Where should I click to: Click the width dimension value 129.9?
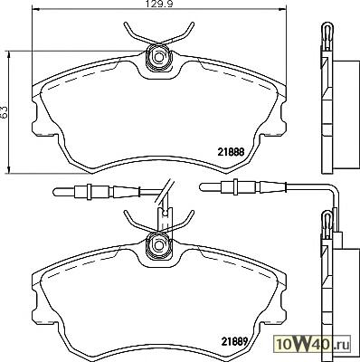(x=158, y=5)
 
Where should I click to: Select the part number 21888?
(x=231, y=152)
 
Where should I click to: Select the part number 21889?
(x=235, y=341)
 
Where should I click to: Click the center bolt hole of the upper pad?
(x=158, y=56)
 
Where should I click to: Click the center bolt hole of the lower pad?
(x=158, y=244)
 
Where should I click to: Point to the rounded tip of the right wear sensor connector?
(x=202, y=186)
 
